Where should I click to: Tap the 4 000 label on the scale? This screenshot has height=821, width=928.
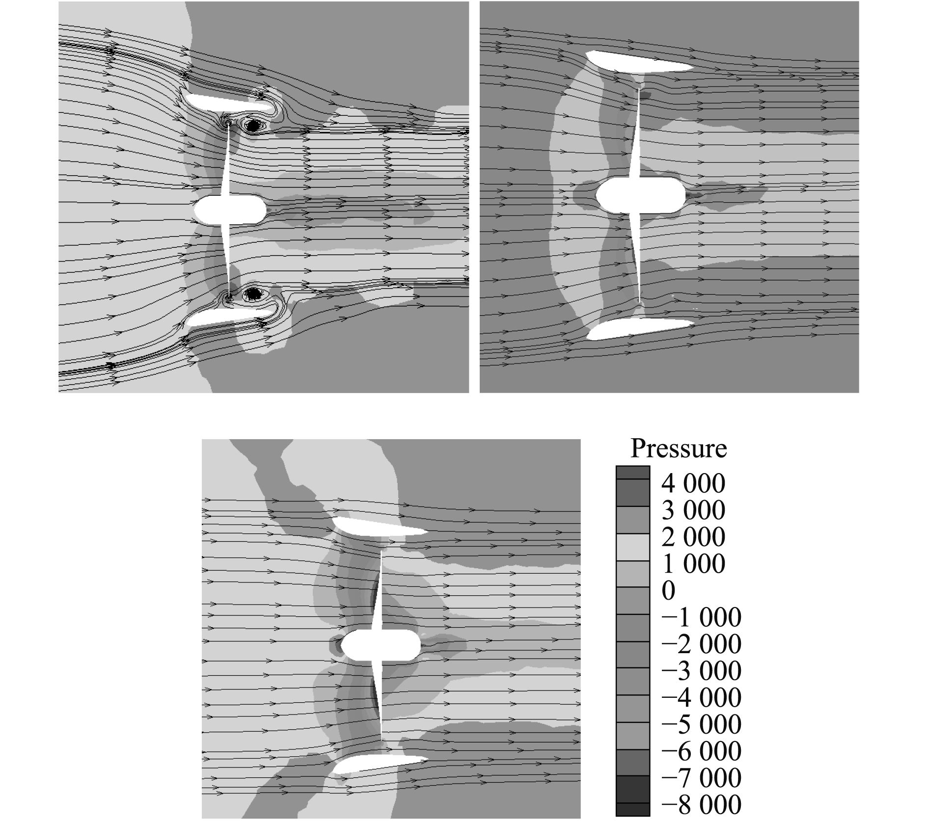(x=693, y=484)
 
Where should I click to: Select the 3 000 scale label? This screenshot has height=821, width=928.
(x=693, y=510)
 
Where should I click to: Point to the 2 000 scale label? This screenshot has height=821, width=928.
(x=693, y=537)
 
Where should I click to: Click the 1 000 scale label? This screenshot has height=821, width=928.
(x=693, y=564)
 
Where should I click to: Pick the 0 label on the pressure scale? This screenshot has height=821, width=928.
(x=668, y=591)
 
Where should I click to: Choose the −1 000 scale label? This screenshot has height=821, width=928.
(x=701, y=618)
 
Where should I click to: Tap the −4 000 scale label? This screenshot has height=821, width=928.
(x=701, y=698)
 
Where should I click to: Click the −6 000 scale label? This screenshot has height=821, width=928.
(x=701, y=751)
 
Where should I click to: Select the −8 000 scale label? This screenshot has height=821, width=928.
(x=701, y=805)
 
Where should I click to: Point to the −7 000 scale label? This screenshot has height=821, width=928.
(x=701, y=778)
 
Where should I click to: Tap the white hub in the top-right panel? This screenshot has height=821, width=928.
(x=640, y=195)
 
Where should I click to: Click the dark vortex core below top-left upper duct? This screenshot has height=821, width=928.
(x=253, y=126)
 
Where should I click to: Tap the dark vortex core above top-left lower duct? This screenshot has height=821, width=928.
(x=253, y=293)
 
